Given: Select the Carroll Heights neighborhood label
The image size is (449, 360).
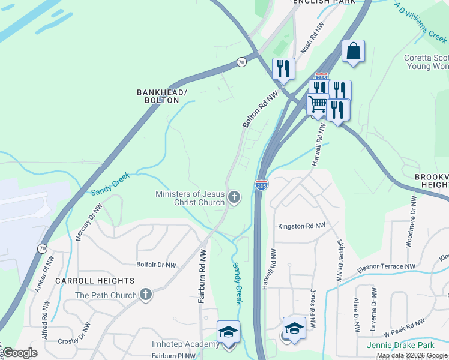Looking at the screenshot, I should pyautogui.click(x=95, y=281).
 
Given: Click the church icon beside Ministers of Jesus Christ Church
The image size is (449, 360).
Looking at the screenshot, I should pyautogui.click(x=234, y=197).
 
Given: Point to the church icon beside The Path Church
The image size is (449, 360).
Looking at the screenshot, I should pyautogui.click(x=145, y=295).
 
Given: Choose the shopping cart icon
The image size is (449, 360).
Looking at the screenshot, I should pyautogui.click(x=317, y=105).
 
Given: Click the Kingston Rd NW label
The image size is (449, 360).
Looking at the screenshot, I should pyautogui.click(x=301, y=226).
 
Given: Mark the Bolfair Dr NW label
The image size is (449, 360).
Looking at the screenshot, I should pyautogui.click(x=156, y=265).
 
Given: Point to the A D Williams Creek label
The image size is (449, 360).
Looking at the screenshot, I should pyautogui.click(x=420, y=22).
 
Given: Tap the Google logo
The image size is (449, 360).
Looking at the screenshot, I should pyautogui.click(x=20, y=353).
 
